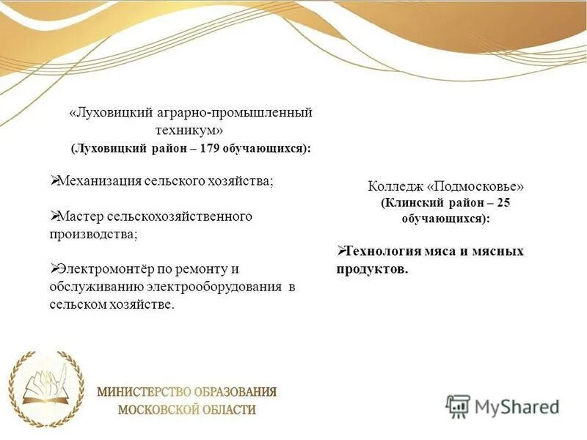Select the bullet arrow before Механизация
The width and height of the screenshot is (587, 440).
[54, 180]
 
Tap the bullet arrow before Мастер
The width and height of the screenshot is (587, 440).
[54, 216]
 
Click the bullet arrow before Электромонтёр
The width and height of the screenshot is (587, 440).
[54, 268]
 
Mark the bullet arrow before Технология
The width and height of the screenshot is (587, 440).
[340, 251]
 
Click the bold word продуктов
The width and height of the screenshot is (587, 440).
[372, 269]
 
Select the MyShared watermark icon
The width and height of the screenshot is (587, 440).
[459, 406]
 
